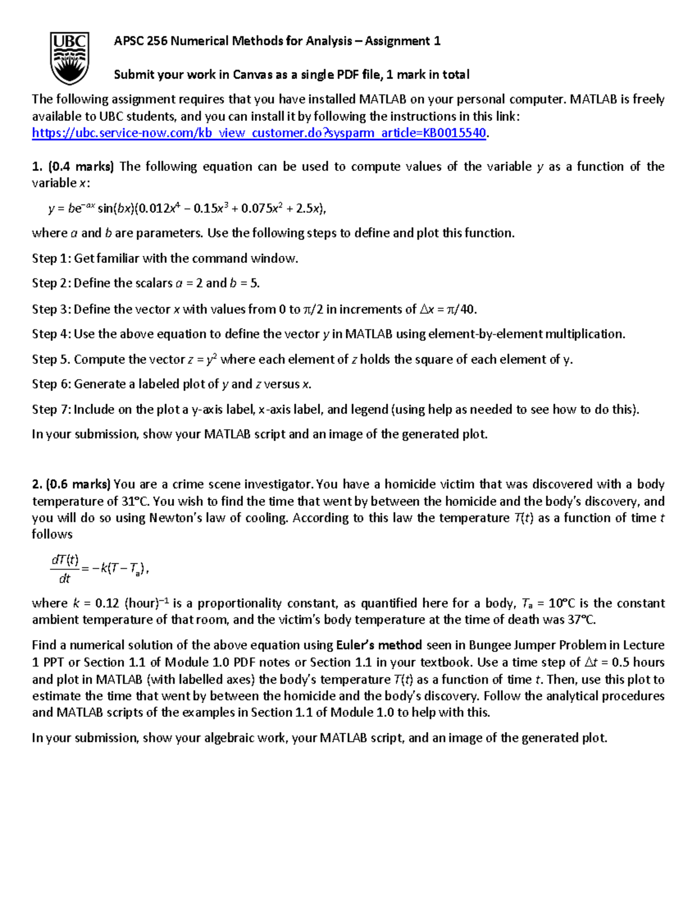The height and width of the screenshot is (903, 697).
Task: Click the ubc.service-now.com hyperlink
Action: coord(259,133)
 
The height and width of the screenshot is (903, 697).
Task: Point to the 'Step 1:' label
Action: coord(51,259)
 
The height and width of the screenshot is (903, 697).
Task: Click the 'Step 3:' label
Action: coord(51,309)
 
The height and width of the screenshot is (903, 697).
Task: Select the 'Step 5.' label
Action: coord(51,359)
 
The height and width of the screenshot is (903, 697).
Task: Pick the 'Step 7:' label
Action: coord(51,409)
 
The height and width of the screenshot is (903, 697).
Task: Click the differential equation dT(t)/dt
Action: coord(99,569)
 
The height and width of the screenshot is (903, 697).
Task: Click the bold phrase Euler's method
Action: coord(379,645)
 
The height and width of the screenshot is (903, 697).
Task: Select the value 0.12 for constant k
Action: coord(107,603)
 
